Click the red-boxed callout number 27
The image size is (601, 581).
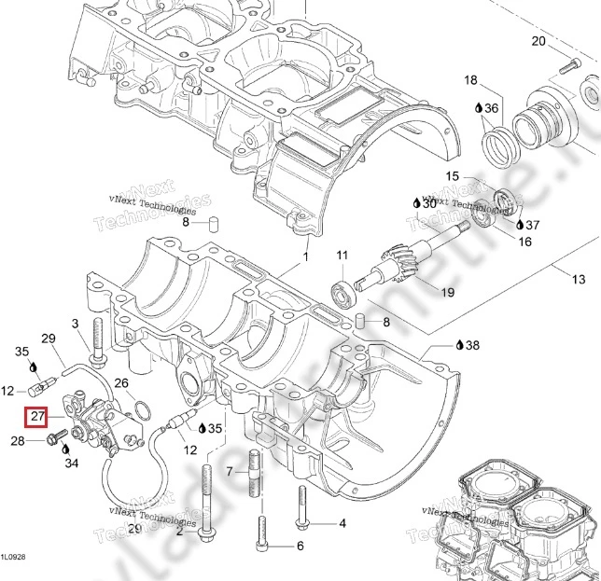[x=38, y=416]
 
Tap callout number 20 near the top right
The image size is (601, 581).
[x=538, y=41]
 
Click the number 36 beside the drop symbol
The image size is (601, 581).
[x=491, y=109]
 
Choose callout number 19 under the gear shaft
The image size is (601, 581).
[x=447, y=292]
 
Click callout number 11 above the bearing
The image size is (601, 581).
[x=342, y=256]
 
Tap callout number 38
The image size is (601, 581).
[x=472, y=345]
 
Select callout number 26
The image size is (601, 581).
[x=121, y=383]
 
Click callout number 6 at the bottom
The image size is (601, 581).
[x=300, y=546]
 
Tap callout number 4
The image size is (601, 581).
[x=342, y=523]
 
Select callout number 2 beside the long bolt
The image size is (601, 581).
[x=179, y=532]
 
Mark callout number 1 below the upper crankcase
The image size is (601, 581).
[x=304, y=256]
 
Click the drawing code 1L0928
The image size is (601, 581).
[x=13, y=557]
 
